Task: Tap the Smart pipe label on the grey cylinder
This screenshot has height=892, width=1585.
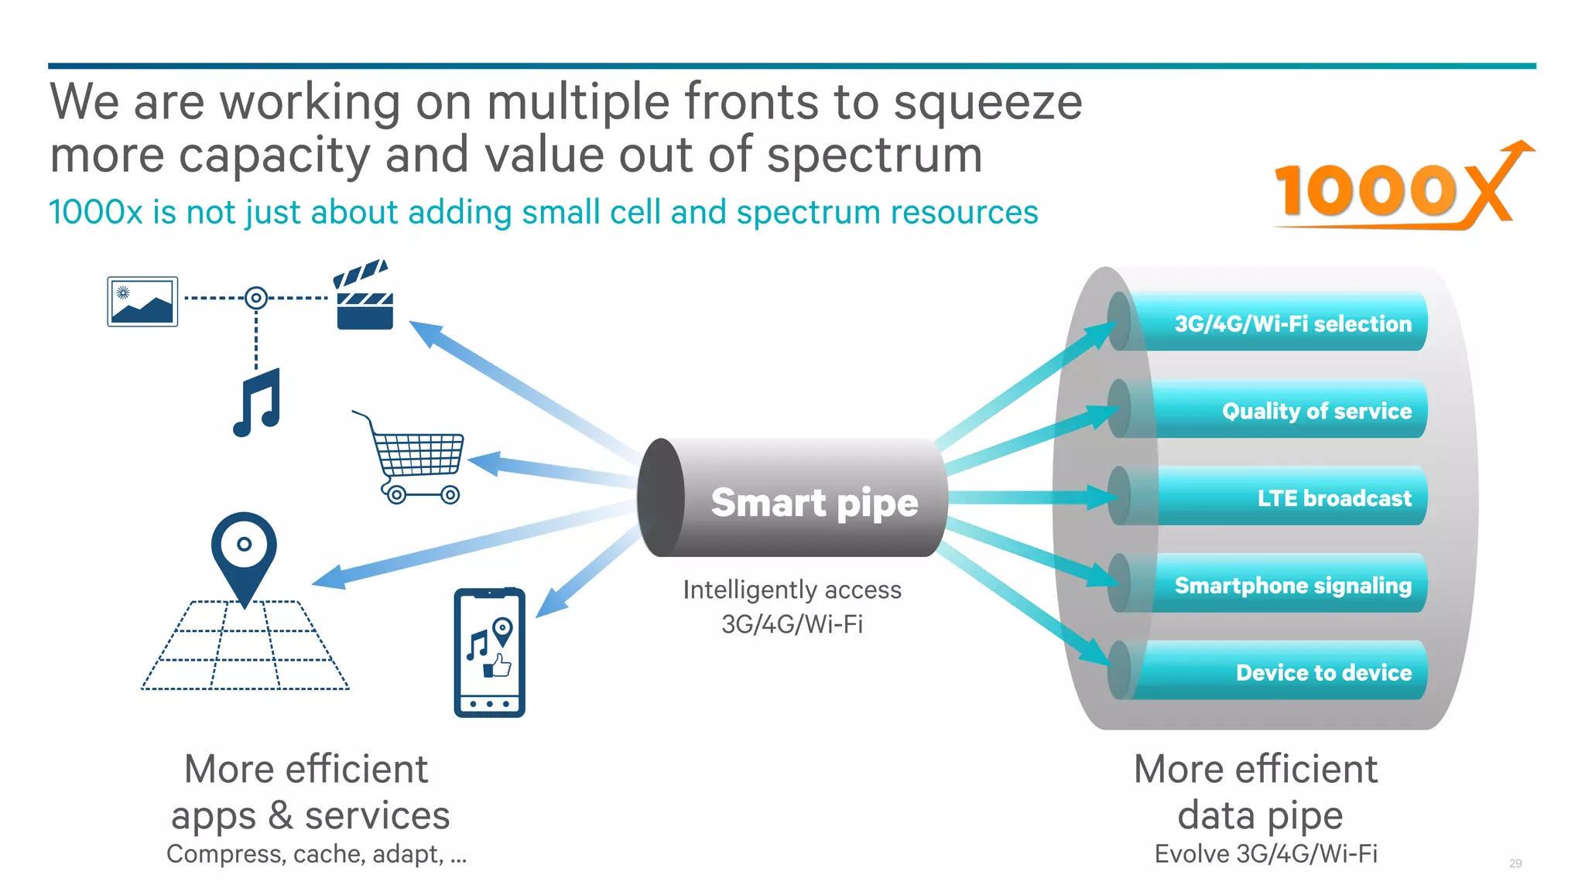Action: pyautogui.click(x=814, y=502)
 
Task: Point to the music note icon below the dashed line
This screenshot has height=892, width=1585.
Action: pyautogui.click(x=257, y=402)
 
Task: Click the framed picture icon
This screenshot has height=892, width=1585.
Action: pyautogui.click(x=142, y=302)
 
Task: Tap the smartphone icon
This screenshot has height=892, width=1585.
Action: pyautogui.click(x=489, y=652)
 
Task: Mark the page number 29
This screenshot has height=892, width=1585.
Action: pyautogui.click(x=1515, y=863)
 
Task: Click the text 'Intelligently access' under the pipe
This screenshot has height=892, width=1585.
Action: pyautogui.click(x=792, y=590)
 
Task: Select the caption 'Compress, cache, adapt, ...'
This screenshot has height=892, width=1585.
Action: pyautogui.click(x=317, y=854)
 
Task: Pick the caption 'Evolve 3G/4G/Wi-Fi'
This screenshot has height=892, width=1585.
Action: pyautogui.click(x=1265, y=854)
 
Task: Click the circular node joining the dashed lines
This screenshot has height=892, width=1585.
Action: pyautogui.click(x=256, y=298)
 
